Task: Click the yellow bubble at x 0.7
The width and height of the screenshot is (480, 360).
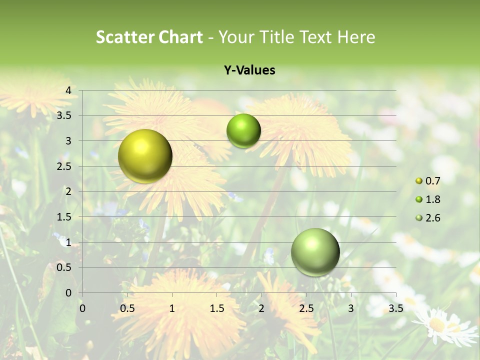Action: pos(145,156)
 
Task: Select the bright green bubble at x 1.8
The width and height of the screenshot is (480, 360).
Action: pos(243,131)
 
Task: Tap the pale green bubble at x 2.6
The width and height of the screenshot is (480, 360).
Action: pos(315,252)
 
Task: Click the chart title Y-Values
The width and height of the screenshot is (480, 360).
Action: pos(249,70)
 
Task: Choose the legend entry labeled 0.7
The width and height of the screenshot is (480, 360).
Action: pos(428,180)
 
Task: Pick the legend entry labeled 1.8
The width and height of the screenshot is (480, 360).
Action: pos(428,199)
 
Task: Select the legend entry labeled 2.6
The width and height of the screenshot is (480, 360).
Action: pos(428,218)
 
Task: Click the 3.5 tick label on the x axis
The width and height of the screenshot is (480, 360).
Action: pos(395,308)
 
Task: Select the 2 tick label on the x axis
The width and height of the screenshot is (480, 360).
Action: pos(261,308)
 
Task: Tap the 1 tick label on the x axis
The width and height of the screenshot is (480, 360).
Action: pos(172,308)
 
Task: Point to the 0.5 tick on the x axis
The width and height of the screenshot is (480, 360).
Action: pos(127,308)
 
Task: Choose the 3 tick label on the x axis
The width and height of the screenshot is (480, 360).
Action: pos(351,308)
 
